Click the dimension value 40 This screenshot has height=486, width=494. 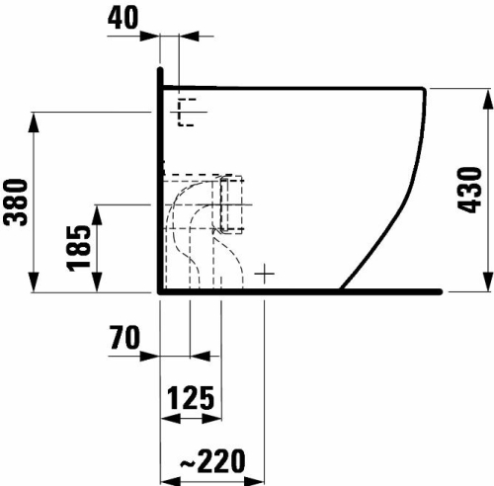click(x=123, y=18)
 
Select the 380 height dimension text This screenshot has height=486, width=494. click(x=16, y=202)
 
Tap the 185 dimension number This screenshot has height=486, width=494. click(x=78, y=249)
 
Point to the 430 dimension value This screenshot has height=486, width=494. click(x=470, y=190)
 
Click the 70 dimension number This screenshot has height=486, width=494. click(x=124, y=337)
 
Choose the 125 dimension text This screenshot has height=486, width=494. click(x=191, y=398)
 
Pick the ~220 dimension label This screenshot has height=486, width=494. click(x=212, y=460)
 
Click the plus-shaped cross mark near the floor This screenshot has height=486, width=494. click(x=265, y=274)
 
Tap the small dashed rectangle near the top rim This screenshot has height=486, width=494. click(x=187, y=112)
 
